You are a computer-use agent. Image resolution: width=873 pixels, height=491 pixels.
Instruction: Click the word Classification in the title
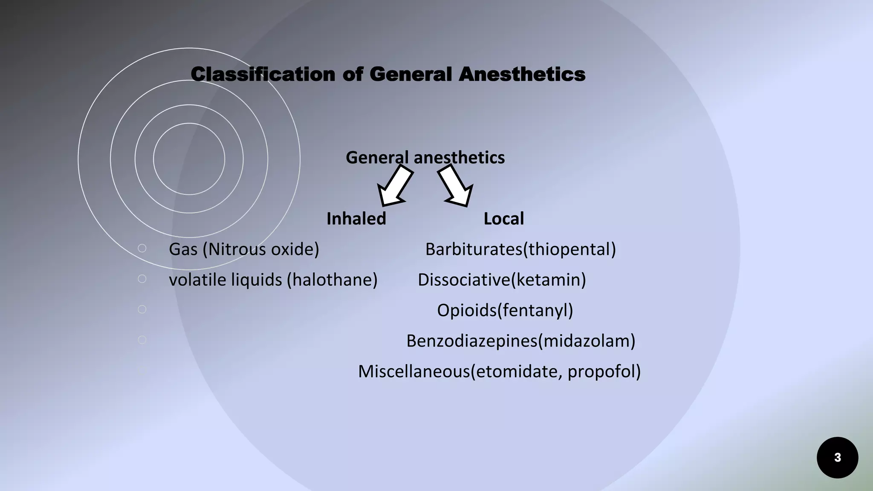(263, 74)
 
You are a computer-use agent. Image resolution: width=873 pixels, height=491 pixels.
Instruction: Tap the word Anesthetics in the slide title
(522, 74)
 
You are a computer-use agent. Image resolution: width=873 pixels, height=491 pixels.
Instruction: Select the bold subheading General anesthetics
(425, 158)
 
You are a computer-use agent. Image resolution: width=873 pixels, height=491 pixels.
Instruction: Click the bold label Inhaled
(356, 219)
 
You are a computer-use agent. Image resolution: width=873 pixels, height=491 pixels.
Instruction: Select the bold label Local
(503, 219)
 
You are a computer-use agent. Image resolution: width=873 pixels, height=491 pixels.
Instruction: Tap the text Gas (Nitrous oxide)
(244, 249)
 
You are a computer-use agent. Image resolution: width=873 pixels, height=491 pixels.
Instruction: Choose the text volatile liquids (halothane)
(273, 280)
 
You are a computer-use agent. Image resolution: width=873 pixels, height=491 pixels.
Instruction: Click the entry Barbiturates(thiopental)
(520, 249)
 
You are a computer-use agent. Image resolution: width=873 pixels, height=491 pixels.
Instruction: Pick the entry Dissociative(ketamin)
(502, 280)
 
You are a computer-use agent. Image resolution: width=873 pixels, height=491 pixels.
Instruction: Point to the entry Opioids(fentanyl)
(505, 310)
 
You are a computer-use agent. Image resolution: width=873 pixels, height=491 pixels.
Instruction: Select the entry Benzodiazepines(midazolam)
(520, 341)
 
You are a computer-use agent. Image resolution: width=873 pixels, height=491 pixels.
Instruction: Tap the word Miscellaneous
(414, 372)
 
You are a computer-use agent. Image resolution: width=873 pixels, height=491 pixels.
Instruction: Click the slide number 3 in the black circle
(837, 458)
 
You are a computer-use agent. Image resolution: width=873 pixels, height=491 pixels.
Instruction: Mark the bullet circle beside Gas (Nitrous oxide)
(142, 248)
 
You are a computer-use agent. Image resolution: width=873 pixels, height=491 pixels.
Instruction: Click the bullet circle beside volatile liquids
(142, 279)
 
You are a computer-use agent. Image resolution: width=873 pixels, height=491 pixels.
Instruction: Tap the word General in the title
(410, 74)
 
